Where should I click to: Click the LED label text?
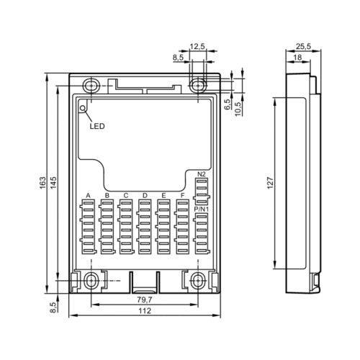(x=97, y=126)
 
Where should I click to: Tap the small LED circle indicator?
(x=83, y=109)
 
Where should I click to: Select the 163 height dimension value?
(x=42, y=183)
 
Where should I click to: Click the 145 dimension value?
(x=53, y=183)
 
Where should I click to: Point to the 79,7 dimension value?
(x=145, y=300)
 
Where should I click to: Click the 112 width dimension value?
(x=145, y=311)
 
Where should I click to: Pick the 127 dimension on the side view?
(x=270, y=183)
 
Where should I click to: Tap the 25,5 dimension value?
(x=303, y=46)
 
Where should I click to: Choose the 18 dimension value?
(x=297, y=58)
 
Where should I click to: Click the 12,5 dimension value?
(x=197, y=46)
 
